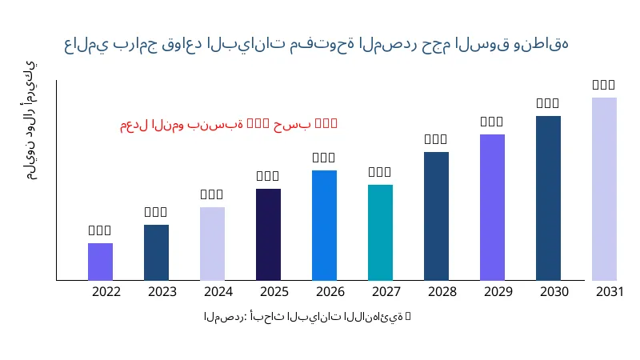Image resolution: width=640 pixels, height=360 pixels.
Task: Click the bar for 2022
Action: [x=100, y=262]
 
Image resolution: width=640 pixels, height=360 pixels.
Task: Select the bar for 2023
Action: [x=156, y=252]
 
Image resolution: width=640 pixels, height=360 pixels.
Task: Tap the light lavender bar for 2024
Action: [x=212, y=243]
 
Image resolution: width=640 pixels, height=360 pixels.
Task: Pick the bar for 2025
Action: [x=268, y=234]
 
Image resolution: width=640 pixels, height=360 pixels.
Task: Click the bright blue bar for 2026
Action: [x=324, y=225]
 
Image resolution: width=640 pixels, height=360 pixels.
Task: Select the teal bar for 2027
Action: [x=380, y=232]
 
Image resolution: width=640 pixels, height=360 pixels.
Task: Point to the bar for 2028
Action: [x=436, y=216]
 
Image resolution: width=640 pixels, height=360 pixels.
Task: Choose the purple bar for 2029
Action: [x=492, y=207]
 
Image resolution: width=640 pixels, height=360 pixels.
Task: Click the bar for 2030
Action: [x=548, y=198]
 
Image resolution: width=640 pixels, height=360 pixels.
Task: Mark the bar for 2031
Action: [x=604, y=189]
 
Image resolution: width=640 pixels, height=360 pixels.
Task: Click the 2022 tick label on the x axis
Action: [x=106, y=291]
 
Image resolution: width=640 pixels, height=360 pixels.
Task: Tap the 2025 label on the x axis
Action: [x=274, y=291]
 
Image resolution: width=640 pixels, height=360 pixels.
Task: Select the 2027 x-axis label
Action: [x=386, y=291]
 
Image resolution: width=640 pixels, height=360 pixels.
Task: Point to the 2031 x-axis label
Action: [x=610, y=291]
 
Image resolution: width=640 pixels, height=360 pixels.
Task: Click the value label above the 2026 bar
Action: [x=324, y=158]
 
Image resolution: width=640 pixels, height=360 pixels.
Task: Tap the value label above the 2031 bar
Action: [x=604, y=85]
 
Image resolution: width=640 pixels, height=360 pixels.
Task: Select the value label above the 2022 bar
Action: [x=100, y=230]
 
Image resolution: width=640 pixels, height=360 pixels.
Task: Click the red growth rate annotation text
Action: [x=229, y=124]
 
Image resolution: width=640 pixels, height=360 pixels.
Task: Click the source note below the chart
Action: [x=307, y=317]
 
